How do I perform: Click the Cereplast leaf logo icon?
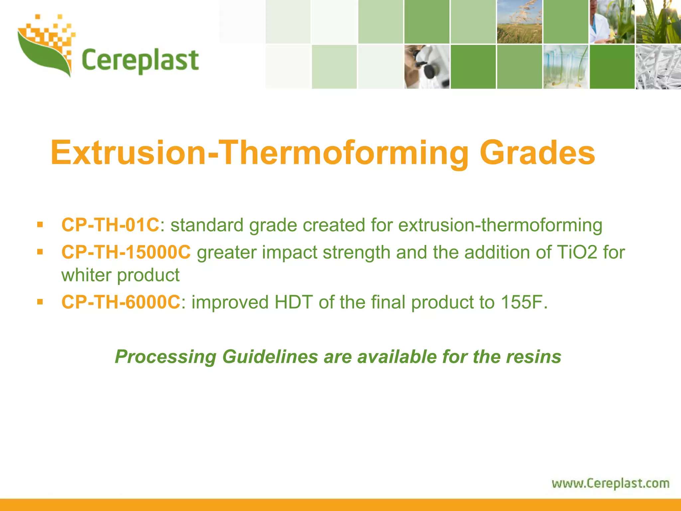click(x=45, y=47)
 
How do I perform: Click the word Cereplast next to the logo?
click(x=140, y=61)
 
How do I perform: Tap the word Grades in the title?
click(x=537, y=153)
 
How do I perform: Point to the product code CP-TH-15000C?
click(x=126, y=252)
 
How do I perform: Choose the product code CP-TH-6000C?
click(x=121, y=302)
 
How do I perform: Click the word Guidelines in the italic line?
click(x=270, y=357)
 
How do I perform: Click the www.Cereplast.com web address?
click(x=611, y=483)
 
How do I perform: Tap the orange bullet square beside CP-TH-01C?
click(x=40, y=225)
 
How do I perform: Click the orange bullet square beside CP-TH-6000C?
click(x=40, y=302)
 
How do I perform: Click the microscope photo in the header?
click(x=427, y=67)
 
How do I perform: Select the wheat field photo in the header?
click(x=519, y=22)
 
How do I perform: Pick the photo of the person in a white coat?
click(x=612, y=22)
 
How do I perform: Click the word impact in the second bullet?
click(x=289, y=252)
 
